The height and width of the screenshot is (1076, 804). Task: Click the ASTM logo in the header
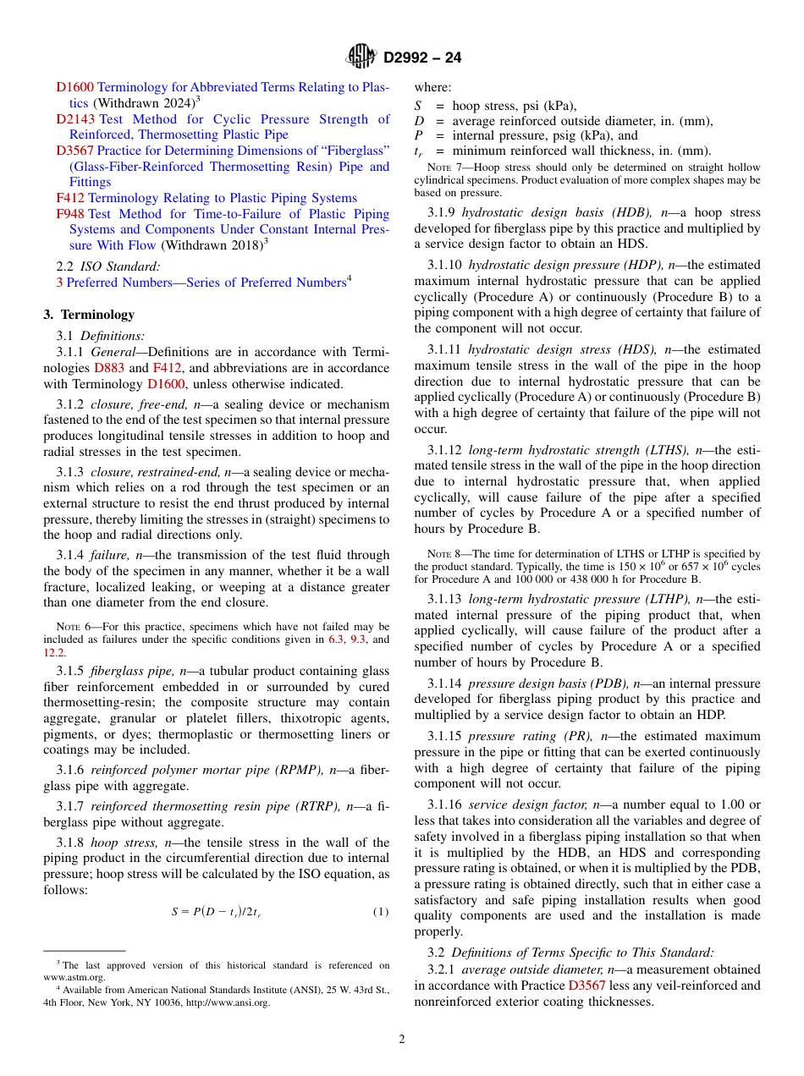pyautogui.click(x=362, y=58)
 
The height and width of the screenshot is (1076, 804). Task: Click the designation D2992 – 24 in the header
pyautogui.click(x=422, y=58)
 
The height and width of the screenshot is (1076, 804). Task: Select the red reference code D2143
pyautogui.click(x=75, y=119)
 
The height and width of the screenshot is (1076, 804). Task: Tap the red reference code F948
pyautogui.click(x=70, y=214)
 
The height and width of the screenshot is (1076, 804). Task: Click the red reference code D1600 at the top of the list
pyautogui.click(x=75, y=87)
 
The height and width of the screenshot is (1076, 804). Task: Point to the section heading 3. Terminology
pyautogui.click(x=89, y=315)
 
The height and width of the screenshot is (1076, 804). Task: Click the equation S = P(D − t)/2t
pyautogui.click(x=216, y=911)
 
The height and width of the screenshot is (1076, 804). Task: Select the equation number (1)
pyautogui.click(x=381, y=911)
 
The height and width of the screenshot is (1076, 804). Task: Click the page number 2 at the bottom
pyautogui.click(x=402, y=1040)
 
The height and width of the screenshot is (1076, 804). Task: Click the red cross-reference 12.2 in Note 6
pyautogui.click(x=54, y=653)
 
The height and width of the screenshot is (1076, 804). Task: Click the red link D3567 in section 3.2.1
pyautogui.click(x=586, y=985)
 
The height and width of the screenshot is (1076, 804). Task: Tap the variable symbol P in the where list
pyautogui.click(x=418, y=135)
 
